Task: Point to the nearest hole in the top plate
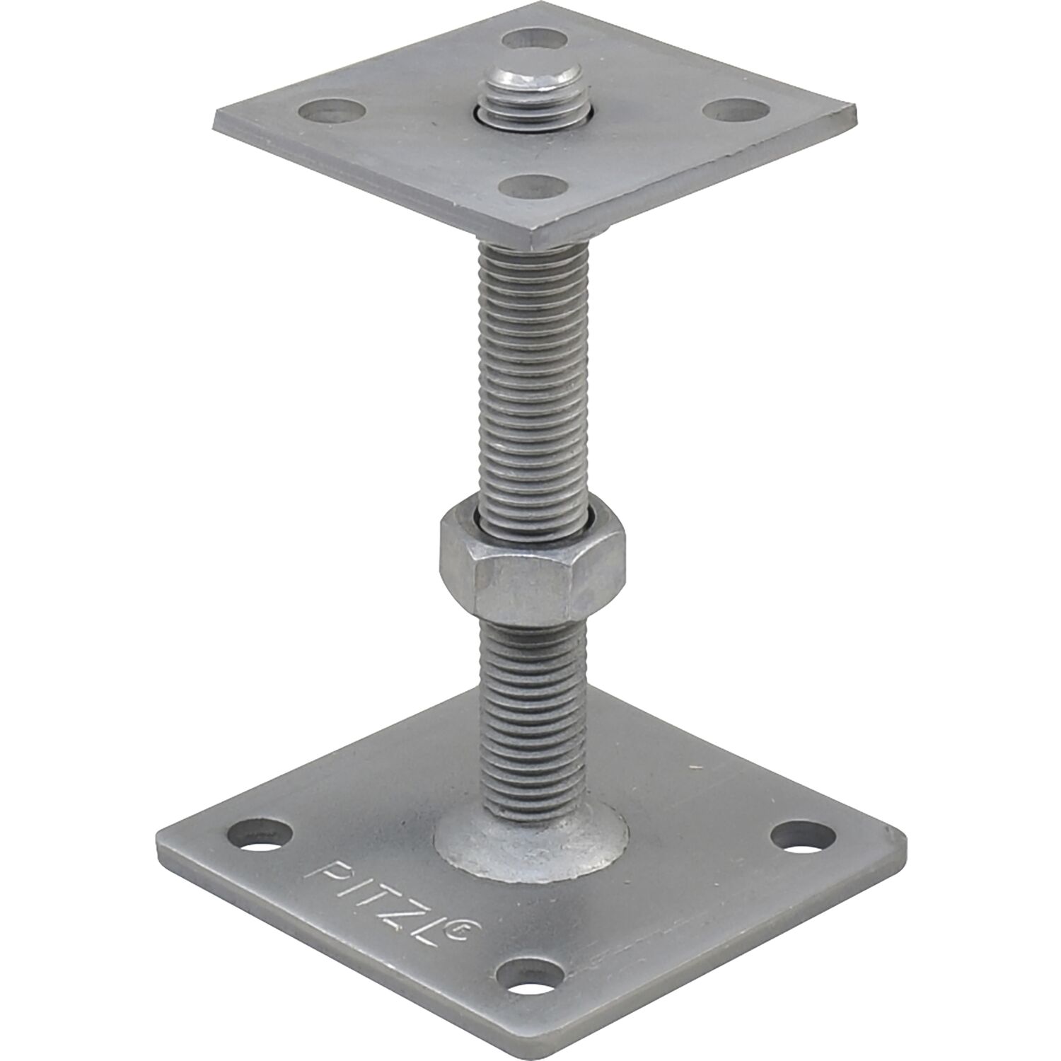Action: tap(531, 188)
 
